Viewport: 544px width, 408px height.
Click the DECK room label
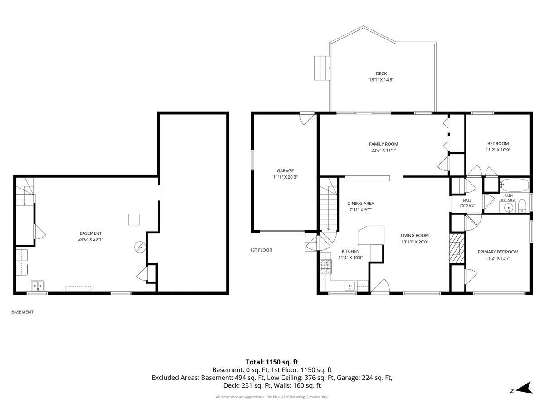[381, 73]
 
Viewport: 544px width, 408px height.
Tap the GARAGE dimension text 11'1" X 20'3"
[285, 177]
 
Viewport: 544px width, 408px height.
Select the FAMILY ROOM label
[384, 144]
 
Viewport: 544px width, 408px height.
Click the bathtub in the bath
[515, 185]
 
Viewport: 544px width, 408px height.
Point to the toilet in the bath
[522, 206]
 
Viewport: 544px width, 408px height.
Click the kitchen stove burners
[326, 267]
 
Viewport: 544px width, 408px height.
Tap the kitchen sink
[350, 287]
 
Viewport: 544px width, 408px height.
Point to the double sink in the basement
[38, 286]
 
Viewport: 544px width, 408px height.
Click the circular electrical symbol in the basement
[140, 247]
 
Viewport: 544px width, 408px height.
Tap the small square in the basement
[134, 219]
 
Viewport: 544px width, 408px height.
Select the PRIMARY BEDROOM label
[498, 252]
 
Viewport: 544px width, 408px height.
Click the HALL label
[467, 201]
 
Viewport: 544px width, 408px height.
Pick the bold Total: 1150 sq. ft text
[272, 362]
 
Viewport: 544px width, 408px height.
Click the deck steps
[323, 68]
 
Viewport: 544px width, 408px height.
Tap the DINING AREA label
[360, 204]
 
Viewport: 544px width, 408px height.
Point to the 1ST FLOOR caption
[261, 250]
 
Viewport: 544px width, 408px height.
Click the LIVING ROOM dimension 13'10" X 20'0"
[415, 242]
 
